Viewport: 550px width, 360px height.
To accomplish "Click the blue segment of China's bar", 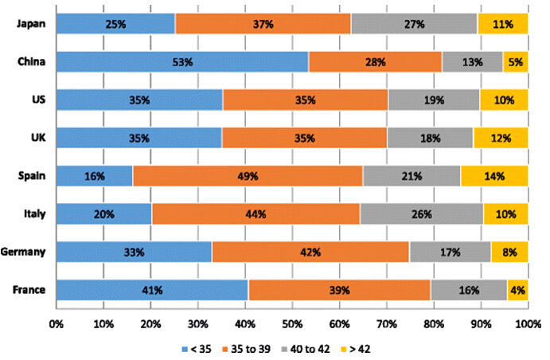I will tap(182, 61).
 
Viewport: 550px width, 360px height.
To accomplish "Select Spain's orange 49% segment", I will tap(248, 176).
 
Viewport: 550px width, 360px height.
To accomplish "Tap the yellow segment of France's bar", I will tap(517, 291).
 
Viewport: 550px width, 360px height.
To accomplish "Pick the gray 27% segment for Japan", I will tap(414, 24).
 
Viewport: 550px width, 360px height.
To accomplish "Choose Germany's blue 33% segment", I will tap(134, 252).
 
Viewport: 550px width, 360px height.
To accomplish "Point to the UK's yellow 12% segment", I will tap(501, 138).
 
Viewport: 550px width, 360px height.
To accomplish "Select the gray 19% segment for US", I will tap(434, 100).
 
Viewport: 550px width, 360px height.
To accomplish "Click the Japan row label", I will tap(29, 24).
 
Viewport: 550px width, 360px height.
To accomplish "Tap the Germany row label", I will tap(23, 252).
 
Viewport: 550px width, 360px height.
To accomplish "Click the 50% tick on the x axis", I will tap(291, 325).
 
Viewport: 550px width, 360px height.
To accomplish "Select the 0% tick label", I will tap(56, 325).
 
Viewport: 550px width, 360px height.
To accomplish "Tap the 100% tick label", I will tap(527, 325).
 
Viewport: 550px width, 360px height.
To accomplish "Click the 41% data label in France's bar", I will tap(151, 291).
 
